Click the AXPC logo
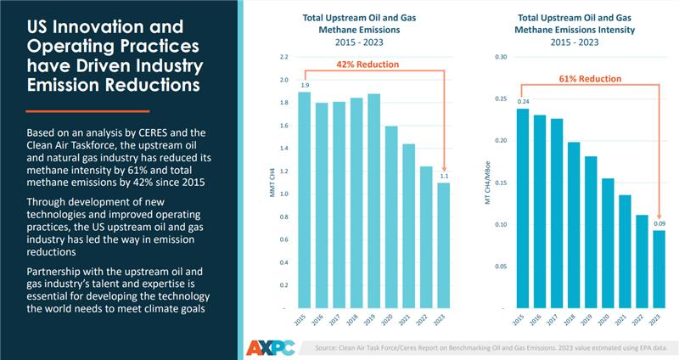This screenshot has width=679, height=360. pos(271,346)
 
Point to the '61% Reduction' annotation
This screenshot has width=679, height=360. pos(589,79)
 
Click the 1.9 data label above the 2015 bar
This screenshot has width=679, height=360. pos(305,86)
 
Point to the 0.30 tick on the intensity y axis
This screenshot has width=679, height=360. pos(501,57)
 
